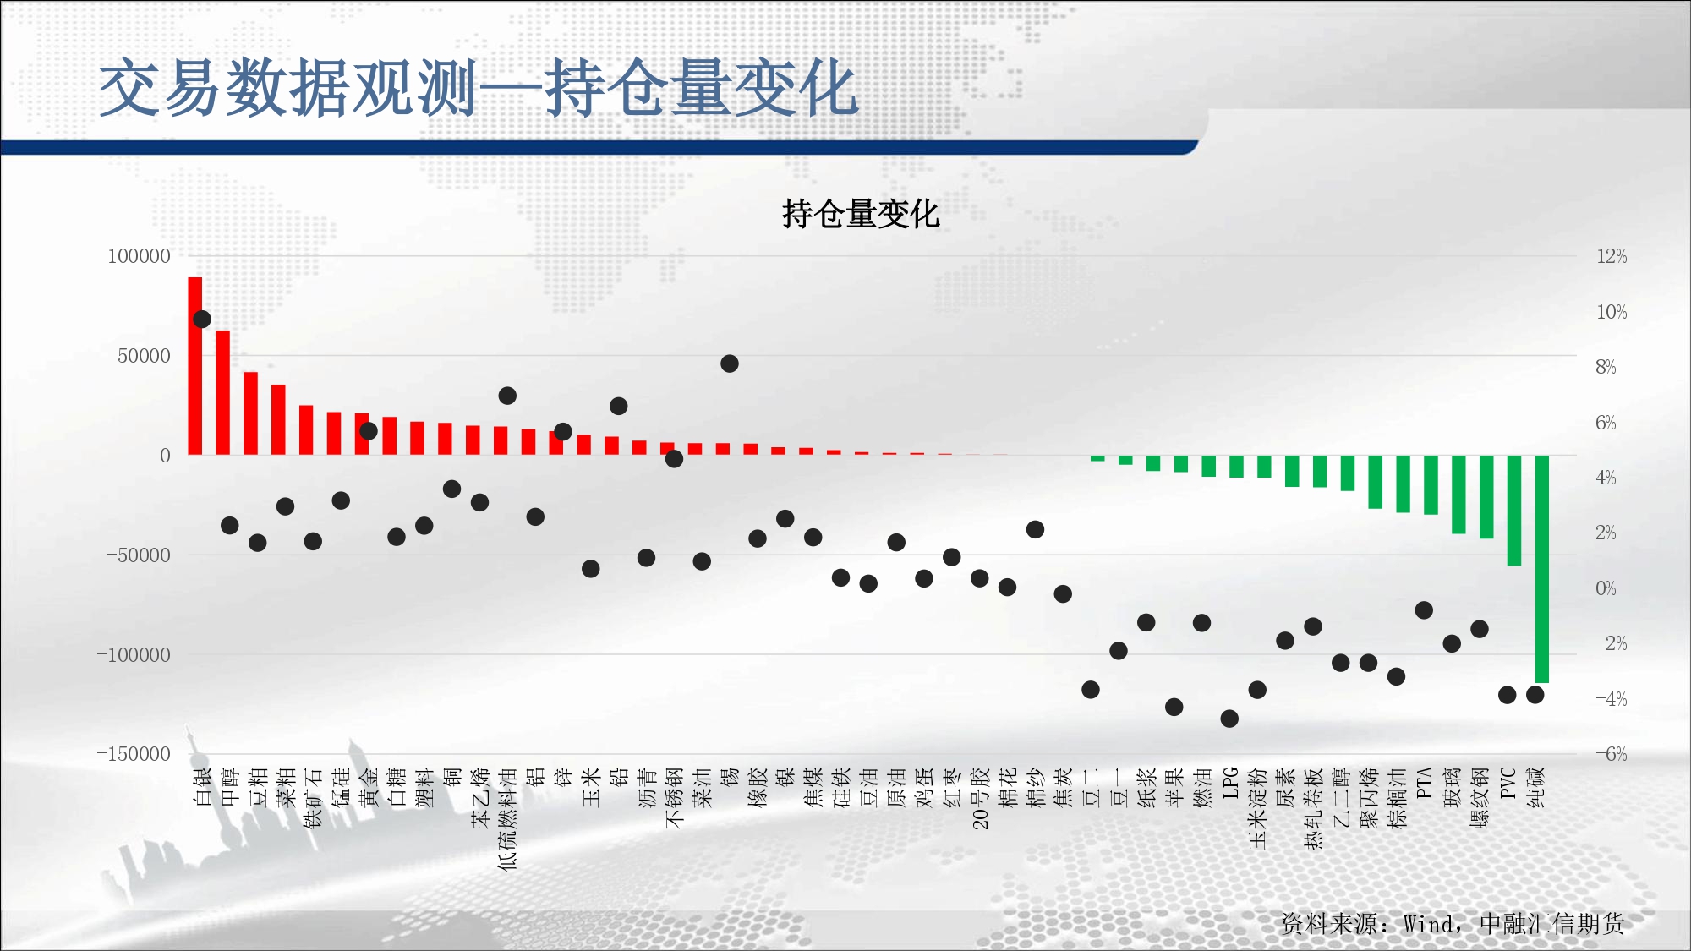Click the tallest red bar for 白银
195,366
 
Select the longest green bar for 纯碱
1541,569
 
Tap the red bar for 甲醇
223,392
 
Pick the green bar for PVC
1513,511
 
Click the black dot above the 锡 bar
730,363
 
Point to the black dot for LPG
1229,719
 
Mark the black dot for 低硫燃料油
507,396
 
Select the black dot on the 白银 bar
202,319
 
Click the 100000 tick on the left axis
139,256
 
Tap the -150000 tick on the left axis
134,754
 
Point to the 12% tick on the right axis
1612,256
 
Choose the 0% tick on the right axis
1606,588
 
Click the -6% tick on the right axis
1611,754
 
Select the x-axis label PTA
1425,783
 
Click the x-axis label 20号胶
980,798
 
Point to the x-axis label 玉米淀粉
1258,808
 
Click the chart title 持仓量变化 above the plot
861,214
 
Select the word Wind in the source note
1428,924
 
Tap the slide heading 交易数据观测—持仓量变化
479,88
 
